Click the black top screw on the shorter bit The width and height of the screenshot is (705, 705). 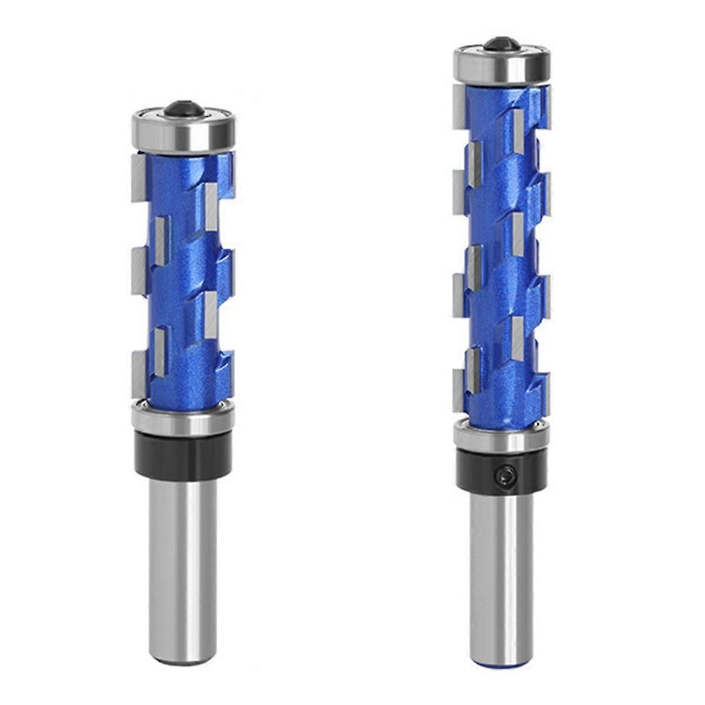tap(183, 108)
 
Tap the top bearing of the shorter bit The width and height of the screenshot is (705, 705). tap(183, 133)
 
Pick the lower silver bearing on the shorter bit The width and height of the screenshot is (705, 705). tap(183, 418)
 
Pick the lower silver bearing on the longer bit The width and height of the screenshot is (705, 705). tap(501, 437)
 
